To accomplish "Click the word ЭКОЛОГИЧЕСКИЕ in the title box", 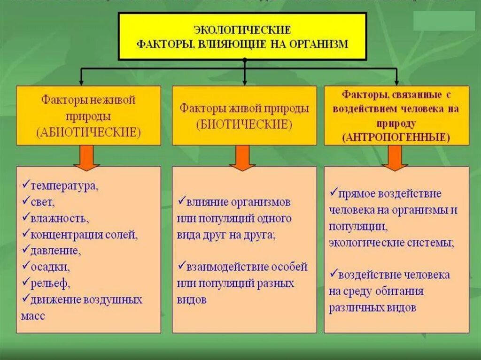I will point(242,30).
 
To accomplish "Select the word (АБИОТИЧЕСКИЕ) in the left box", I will point(88,132).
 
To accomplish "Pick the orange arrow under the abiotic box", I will point(87,158).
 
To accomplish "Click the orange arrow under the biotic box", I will point(242,158).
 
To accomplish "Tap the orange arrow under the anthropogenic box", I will point(395,158).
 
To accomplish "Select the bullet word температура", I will point(64,185).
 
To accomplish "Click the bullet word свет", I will point(43,203).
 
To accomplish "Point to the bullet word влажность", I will point(59,218).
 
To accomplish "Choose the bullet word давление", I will point(55,251).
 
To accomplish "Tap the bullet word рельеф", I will point(50,283).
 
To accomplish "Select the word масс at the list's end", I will point(33,316).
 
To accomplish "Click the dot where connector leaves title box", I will point(244,61).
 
